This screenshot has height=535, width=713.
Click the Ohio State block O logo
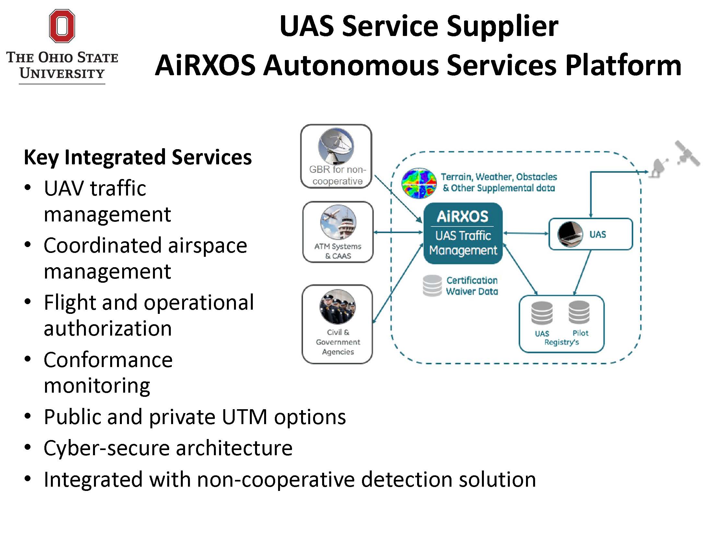point(62,26)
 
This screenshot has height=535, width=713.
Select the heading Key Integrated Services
point(138,157)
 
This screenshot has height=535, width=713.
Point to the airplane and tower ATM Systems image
point(338,222)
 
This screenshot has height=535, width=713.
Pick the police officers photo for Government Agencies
point(337,307)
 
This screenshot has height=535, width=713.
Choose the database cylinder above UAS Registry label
point(542,313)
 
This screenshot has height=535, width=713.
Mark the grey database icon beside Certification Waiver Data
point(432,286)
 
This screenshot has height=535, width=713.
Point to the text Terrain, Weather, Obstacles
point(499,177)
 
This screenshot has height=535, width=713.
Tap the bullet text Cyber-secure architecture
point(168,448)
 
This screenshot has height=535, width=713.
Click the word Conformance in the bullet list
point(108,360)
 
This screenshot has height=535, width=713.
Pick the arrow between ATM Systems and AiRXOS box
point(398,232)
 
